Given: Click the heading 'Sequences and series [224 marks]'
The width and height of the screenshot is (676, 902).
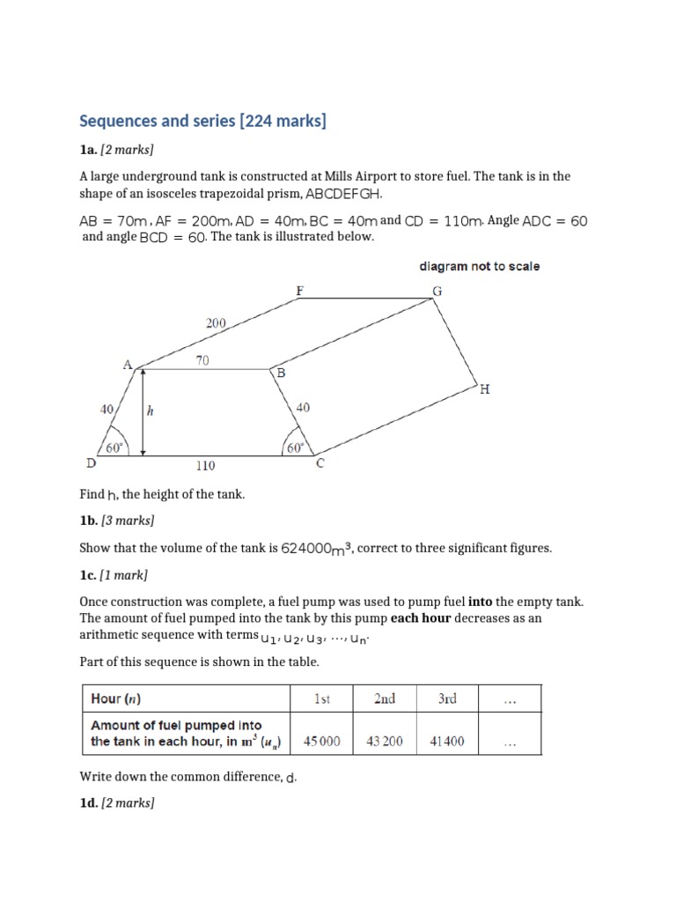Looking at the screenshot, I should tap(202, 121).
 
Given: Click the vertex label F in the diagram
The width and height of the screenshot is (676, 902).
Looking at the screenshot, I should tap(299, 290).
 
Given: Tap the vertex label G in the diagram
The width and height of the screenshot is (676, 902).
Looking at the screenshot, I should tap(437, 291).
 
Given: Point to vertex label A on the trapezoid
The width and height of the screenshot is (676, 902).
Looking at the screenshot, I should tap(127, 364).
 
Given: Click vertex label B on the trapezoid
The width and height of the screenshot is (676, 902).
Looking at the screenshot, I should tap(282, 373).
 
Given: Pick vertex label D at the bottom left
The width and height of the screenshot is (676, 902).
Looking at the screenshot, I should tap(91, 462).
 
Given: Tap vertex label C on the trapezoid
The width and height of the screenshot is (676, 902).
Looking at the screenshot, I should tap(320, 463).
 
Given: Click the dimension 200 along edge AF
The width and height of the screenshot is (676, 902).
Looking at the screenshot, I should tap(217, 323).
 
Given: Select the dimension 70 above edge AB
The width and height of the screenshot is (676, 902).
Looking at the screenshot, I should tap(202, 359).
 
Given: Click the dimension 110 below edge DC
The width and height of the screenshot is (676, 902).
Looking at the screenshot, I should tap(205, 465).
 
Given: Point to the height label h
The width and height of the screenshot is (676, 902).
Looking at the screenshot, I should tap(150, 410).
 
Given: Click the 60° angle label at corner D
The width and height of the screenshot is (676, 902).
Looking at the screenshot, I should tap(115, 447).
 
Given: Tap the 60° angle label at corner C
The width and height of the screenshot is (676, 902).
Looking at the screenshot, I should tap(295, 447).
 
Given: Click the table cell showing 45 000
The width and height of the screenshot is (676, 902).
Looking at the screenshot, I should tap(321, 742).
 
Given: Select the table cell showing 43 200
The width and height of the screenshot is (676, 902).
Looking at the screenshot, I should tap(384, 742).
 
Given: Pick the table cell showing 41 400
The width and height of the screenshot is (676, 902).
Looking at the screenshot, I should tap(446, 742).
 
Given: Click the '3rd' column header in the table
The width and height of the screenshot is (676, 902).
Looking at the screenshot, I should tap(446, 699).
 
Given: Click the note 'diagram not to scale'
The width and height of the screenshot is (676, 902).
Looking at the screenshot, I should tap(479, 266).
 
